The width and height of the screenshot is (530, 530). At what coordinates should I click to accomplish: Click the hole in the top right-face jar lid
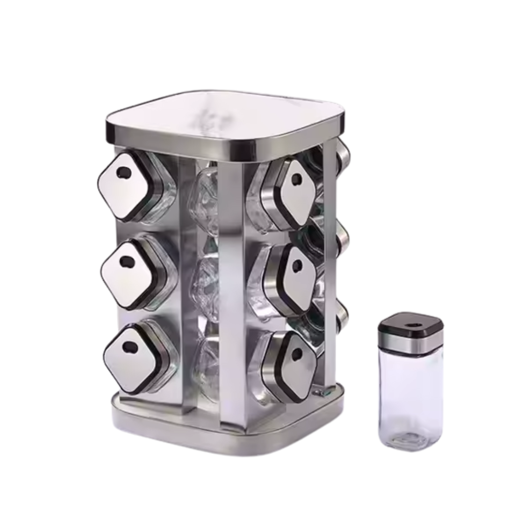[296, 179]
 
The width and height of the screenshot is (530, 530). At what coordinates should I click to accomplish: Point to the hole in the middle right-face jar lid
[297, 265]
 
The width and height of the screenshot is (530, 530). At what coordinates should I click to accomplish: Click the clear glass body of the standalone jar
[410, 393]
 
